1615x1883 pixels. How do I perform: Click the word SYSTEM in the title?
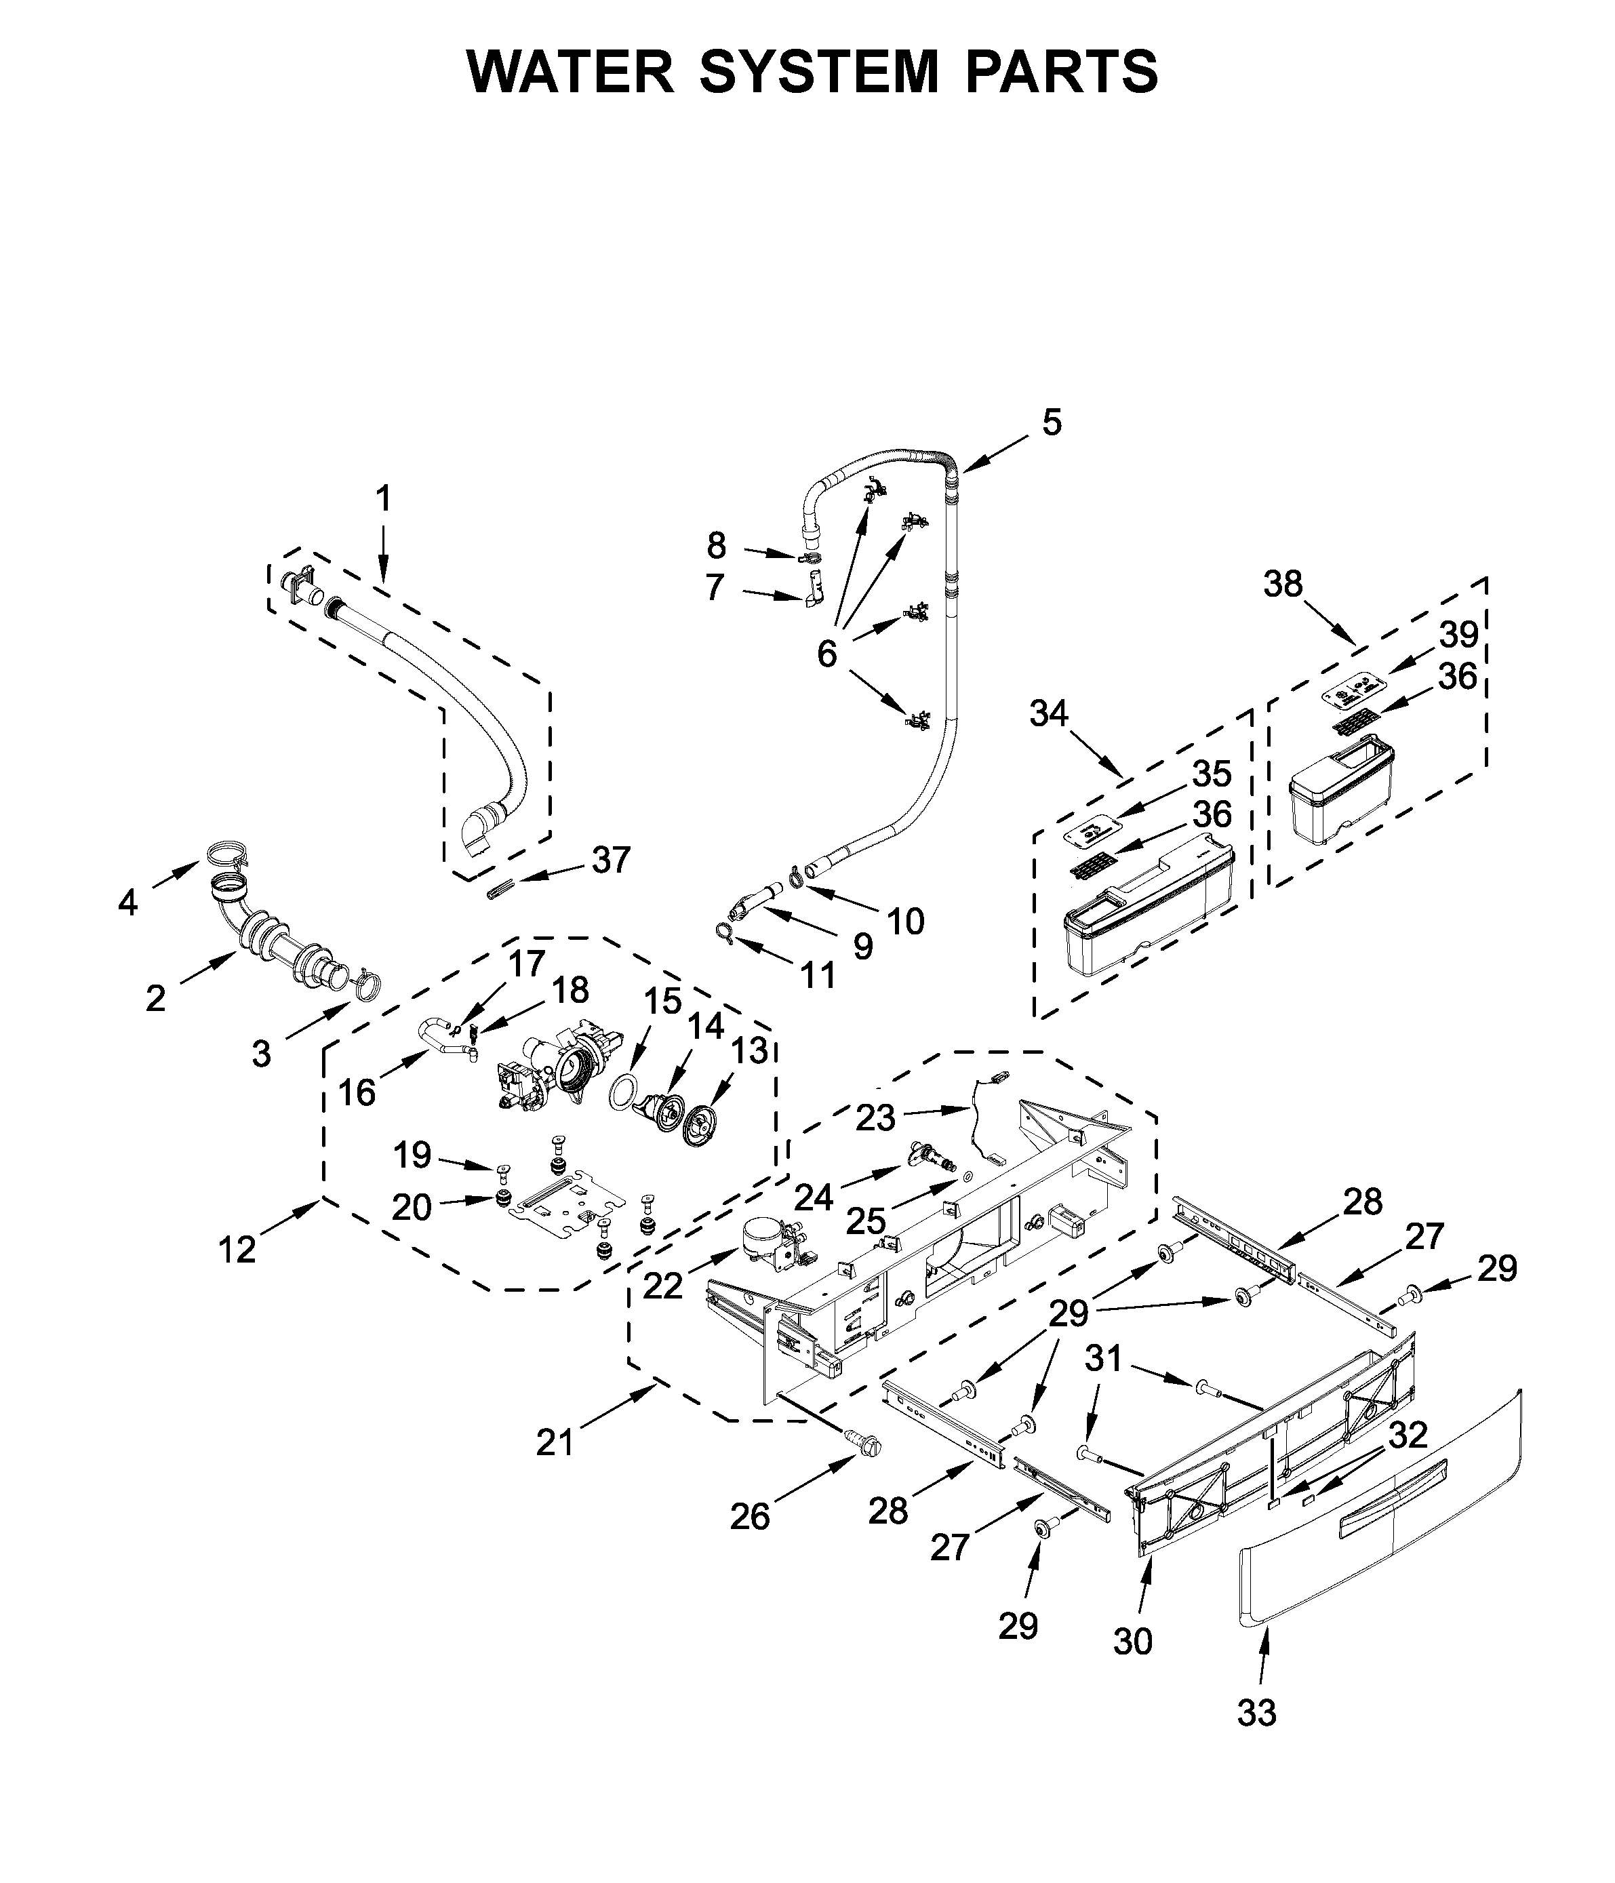coord(818,72)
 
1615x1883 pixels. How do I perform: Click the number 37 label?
coord(611,860)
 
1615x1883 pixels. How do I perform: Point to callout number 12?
coord(237,1250)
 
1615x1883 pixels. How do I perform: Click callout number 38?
coord(1282,584)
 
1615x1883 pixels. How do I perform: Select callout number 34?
coord(1049,714)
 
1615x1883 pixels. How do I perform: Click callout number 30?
coord(1132,1640)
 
